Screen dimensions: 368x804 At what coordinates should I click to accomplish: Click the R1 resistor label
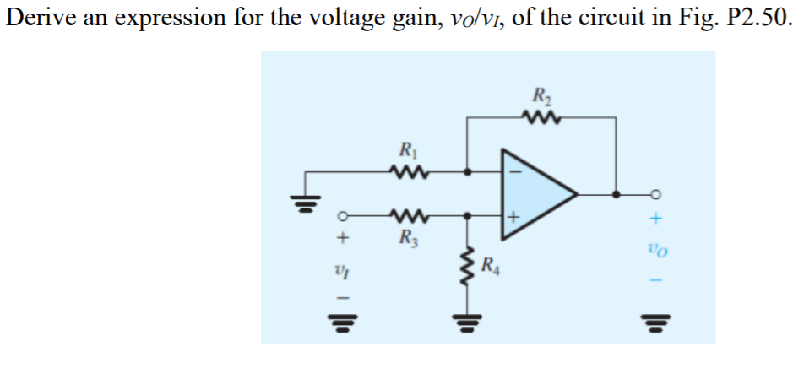pos(408,154)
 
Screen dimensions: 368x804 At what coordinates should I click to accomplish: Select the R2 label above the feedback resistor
pos(537,95)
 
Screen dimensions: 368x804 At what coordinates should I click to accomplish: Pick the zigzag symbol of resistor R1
pos(408,173)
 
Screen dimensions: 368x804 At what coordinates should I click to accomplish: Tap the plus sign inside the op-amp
pos(513,217)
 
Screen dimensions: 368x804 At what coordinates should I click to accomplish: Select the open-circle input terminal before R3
pos(344,215)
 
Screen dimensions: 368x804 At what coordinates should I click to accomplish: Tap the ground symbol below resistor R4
pos(466,322)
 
